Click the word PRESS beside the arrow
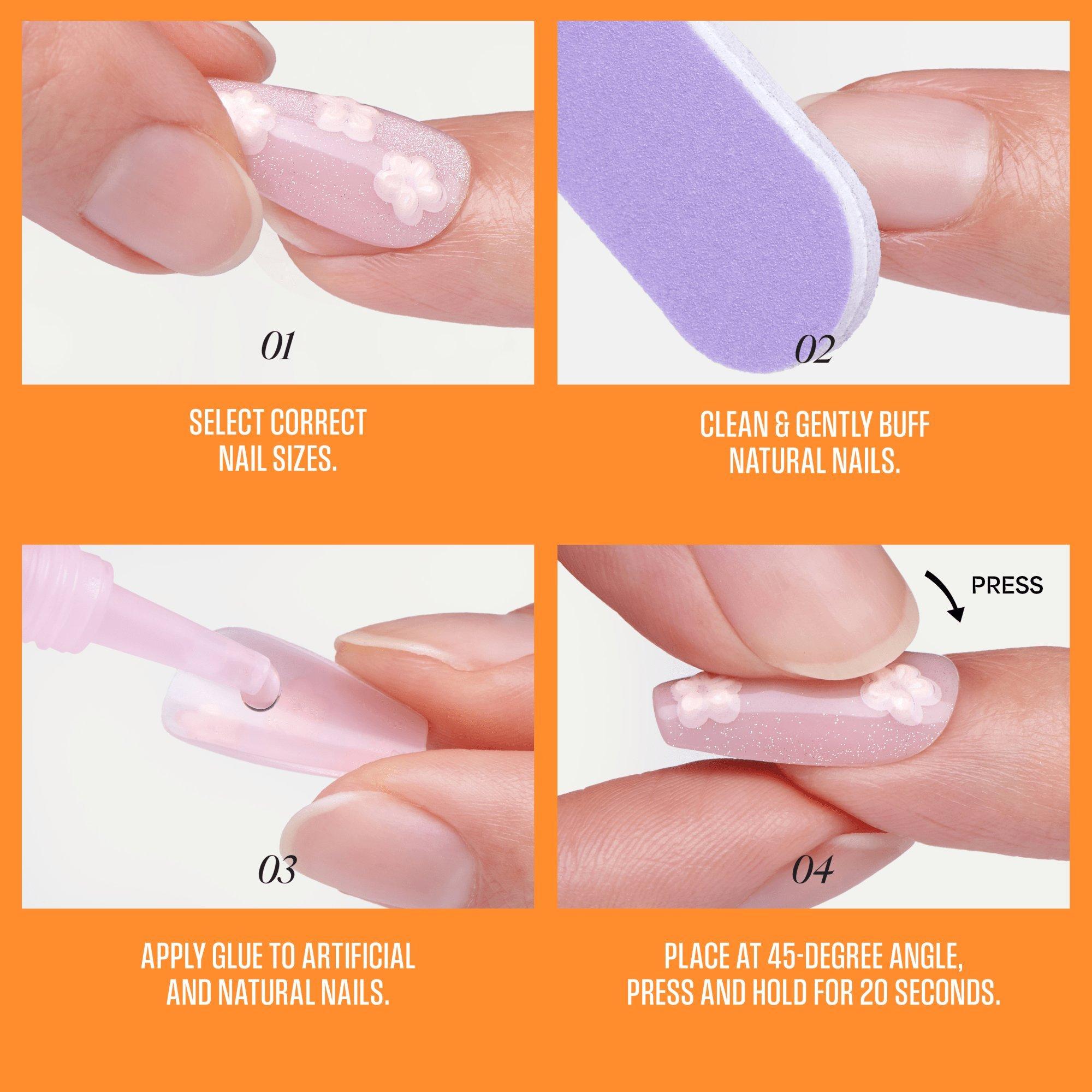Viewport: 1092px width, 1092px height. [x=1007, y=585]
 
